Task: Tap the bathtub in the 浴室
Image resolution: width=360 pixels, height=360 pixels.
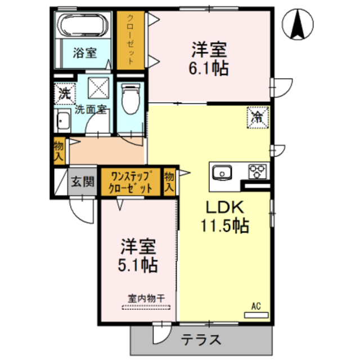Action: [86, 26]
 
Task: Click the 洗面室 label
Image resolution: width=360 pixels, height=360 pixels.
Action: [91, 109]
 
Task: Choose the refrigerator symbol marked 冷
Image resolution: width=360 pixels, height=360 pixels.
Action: [258, 117]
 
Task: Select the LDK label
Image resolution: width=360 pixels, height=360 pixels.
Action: [225, 206]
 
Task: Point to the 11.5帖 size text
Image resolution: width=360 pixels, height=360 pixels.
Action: [226, 226]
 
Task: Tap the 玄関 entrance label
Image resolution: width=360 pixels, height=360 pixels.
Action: [83, 182]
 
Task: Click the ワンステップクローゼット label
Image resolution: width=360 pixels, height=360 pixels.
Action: [130, 182]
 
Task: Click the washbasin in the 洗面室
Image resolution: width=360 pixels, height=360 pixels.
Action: [63, 121]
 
